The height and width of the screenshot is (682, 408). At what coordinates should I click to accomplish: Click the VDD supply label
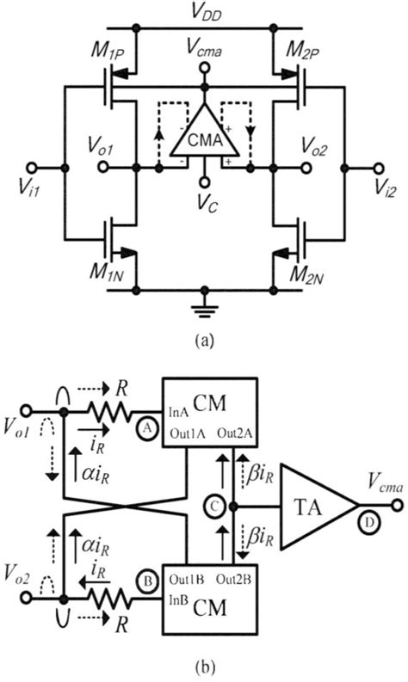205,11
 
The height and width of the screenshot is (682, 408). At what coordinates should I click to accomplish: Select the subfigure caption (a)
203,341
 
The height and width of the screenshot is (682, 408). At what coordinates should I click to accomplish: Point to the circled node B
146,581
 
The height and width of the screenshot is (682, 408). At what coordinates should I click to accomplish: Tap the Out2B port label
232,573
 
